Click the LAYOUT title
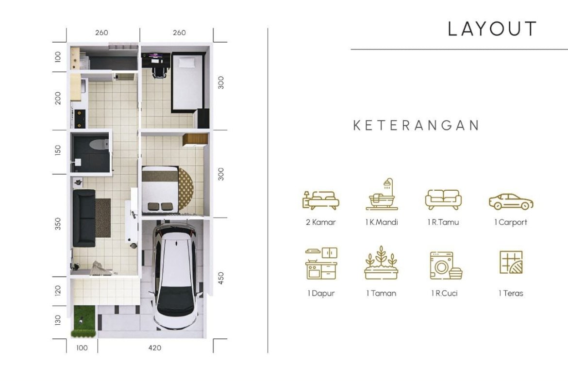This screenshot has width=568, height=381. coord(492,29)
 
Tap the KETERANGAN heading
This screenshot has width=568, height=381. coord(416,125)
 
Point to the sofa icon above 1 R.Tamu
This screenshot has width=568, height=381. coord(443,199)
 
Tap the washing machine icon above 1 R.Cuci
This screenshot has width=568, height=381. coord(445,265)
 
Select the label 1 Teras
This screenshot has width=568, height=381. coord(511,293)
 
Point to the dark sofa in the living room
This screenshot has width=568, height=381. coord(84,218)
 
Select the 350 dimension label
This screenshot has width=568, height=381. coord(58,224)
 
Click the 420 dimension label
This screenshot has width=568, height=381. coord(155,348)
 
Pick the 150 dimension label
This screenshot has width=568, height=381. coord(58,151)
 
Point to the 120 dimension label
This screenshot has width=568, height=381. coord(58,290)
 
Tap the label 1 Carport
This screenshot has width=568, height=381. coord(511,222)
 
